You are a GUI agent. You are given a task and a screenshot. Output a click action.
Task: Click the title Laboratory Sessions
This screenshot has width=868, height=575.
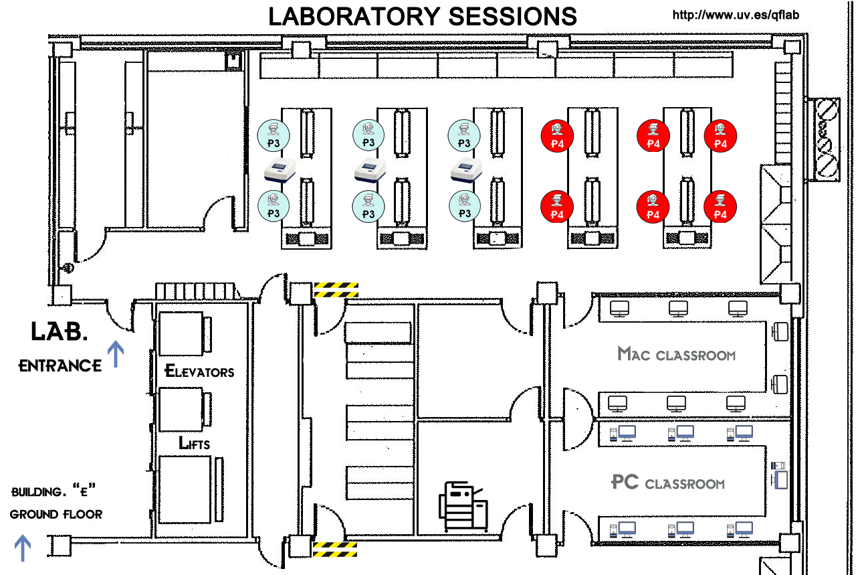(422, 16)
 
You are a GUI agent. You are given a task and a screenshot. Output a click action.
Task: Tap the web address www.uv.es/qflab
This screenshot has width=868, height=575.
(735, 15)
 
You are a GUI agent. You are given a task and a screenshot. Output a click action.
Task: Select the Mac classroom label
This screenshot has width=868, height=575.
(676, 354)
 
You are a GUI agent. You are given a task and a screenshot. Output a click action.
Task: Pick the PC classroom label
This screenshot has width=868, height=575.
(668, 483)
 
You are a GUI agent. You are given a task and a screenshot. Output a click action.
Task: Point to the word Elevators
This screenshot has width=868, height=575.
(199, 371)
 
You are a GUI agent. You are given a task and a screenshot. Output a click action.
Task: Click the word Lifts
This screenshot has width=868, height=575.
(195, 443)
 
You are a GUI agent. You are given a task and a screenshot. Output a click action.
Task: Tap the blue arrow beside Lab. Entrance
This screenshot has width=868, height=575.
(116, 354)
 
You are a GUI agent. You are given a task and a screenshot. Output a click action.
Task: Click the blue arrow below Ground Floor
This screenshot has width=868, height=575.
(23, 548)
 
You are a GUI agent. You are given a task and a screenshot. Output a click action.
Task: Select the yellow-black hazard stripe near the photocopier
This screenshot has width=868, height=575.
(335, 550)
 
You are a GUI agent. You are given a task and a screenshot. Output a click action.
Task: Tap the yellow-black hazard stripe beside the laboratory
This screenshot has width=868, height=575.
(336, 289)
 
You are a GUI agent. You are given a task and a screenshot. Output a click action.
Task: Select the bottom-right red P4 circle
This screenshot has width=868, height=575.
(720, 207)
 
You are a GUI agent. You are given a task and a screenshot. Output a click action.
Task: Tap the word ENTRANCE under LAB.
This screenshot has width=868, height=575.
(60, 366)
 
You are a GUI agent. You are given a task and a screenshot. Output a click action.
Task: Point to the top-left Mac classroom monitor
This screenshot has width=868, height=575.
(620, 309)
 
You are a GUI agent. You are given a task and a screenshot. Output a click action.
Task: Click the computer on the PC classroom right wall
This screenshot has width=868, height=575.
(778, 475)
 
